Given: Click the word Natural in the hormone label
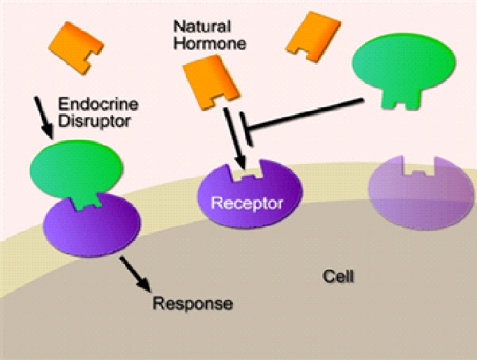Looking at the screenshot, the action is [202, 27].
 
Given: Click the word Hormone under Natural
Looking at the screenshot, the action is [209, 43].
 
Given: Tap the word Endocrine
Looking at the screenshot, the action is [98, 104].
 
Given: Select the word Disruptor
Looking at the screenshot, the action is [94, 121].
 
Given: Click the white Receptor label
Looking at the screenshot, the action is [247, 203].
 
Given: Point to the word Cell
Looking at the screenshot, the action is [338, 276].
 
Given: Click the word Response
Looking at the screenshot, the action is [193, 303].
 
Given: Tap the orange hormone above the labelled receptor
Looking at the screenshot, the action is [211, 82].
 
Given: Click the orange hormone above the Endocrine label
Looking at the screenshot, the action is [76, 47].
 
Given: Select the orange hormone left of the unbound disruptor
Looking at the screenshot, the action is [313, 36].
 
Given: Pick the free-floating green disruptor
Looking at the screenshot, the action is [404, 68].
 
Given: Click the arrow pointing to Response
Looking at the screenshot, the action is [135, 274].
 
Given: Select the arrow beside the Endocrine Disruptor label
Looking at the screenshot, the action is [43, 118].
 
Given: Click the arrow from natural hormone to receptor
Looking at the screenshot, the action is [234, 138].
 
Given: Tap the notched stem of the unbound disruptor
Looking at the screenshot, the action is [402, 99].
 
